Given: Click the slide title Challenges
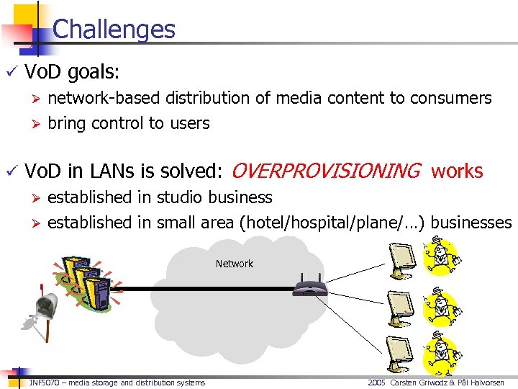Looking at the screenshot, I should [x=114, y=29].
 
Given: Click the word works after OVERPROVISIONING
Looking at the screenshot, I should [x=457, y=171].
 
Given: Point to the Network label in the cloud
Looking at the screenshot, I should [x=234, y=264].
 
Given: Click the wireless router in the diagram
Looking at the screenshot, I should [x=310, y=287].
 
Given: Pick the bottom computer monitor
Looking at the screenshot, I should [x=402, y=352].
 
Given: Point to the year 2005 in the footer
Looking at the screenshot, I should [x=376, y=383].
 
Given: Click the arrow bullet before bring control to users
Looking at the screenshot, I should [x=33, y=124].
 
